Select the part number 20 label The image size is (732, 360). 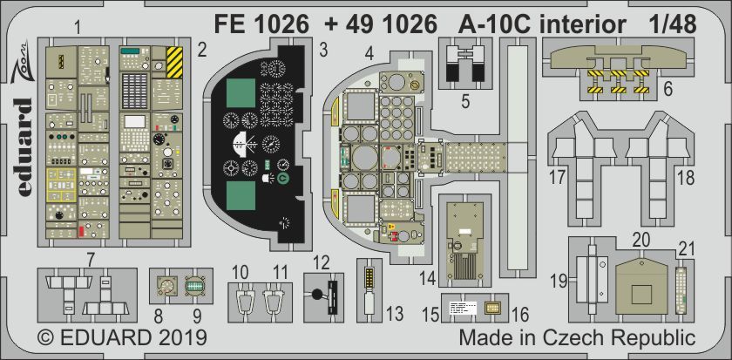(x=641, y=239)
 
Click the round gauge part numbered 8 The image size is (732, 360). (x=164, y=284)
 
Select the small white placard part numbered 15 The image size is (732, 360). (x=462, y=307)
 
